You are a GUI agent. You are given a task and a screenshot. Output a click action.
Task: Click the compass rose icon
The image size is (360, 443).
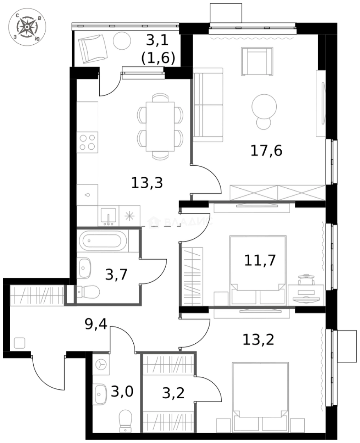pos(27,27)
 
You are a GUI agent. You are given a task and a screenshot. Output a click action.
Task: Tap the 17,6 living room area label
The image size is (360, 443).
pos(266,151)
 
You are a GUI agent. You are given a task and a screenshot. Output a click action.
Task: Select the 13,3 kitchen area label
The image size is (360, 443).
pos(147,183)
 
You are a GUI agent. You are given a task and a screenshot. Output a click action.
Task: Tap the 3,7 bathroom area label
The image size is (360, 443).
pos(116,274)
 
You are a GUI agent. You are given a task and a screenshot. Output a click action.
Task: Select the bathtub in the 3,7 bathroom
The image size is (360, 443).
pos(101,241)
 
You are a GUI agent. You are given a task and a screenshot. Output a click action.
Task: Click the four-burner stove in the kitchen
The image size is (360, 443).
pos(88,142)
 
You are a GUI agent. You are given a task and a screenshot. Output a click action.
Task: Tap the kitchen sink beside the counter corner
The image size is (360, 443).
pos(109,216)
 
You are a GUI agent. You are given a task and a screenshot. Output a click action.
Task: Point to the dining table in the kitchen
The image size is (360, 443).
pos(160,126)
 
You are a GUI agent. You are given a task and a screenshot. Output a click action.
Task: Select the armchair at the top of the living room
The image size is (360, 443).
pos(257,61)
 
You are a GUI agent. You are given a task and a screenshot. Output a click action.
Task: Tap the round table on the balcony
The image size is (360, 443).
pos(121,41)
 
